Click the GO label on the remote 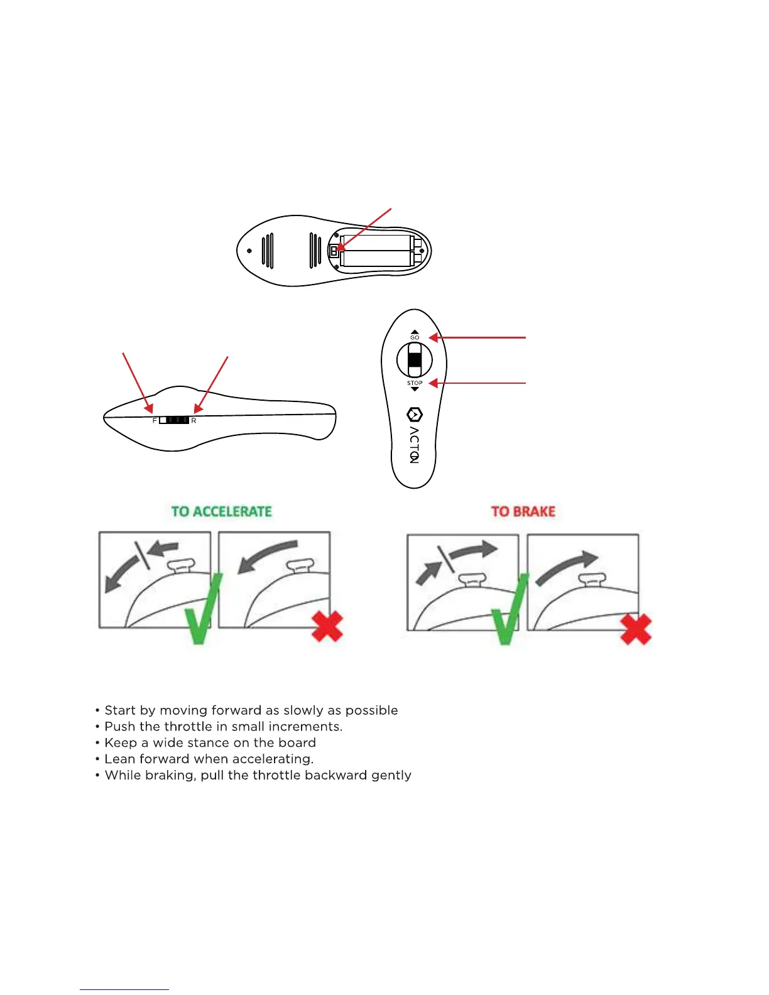415,337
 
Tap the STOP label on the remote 415,383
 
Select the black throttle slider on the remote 415,360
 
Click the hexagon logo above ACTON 415,415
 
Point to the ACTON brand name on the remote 414,445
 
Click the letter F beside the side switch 155,420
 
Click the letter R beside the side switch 194,420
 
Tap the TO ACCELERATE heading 221,511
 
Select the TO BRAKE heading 523,511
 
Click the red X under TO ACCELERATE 327,626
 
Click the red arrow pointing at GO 477,337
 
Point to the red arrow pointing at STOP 477,383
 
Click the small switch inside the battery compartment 334,251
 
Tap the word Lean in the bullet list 118,759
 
